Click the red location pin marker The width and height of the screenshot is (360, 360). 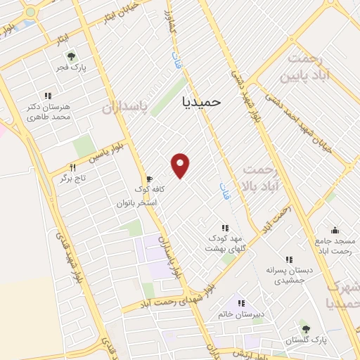181,165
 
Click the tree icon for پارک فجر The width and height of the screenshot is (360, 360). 70,56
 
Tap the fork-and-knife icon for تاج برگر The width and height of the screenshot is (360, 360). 72,167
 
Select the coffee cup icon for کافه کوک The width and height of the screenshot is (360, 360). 148,179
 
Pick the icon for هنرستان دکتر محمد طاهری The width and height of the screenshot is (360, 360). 49,96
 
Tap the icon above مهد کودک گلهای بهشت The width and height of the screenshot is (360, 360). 225,228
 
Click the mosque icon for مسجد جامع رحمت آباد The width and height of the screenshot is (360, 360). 335,229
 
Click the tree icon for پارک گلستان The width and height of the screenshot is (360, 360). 304,329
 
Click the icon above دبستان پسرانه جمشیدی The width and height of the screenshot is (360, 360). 289,259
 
